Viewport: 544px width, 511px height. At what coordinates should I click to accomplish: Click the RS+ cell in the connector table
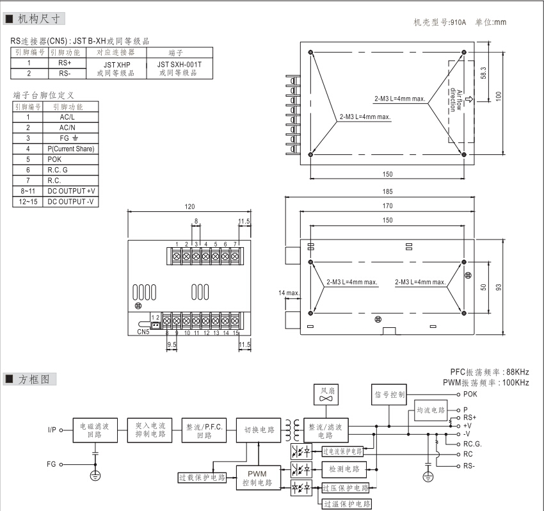click(65, 63)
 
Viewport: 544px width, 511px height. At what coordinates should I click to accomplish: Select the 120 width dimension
click(189, 207)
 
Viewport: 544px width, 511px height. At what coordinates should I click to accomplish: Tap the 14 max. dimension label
click(289, 293)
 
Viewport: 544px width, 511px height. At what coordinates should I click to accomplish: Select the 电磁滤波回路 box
click(95, 429)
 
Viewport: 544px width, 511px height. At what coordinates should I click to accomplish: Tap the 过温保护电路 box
click(346, 504)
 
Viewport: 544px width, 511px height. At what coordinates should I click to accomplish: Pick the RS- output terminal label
click(469, 466)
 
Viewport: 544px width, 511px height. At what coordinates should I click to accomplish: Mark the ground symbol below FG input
click(96, 476)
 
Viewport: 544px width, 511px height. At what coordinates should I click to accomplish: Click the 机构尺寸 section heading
click(38, 19)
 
